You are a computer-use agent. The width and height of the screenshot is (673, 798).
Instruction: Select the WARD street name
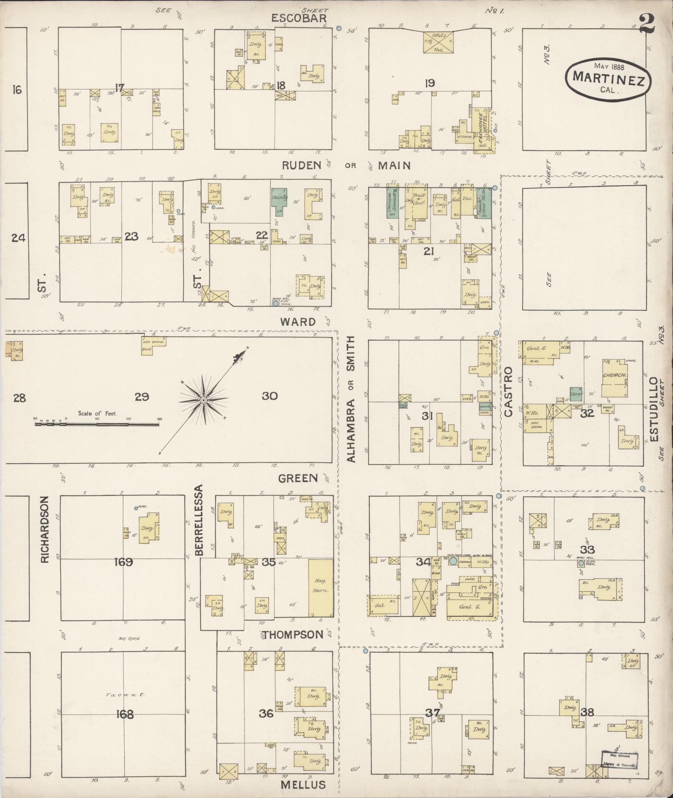click(297, 322)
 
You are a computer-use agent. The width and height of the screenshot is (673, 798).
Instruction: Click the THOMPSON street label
click(292, 634)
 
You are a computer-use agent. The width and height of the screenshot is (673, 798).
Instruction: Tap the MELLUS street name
click(303, 785)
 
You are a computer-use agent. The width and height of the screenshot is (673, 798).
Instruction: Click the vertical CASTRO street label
click(508, 392)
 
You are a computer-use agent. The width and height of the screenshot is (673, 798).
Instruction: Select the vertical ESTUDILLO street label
click(653, 410)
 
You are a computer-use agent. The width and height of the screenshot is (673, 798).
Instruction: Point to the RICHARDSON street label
click(45, 529)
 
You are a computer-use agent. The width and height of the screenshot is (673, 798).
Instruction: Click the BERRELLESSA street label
click(199, 520)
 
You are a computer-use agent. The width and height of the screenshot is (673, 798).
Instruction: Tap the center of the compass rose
click(204, 400)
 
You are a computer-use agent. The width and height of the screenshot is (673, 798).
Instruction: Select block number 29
click(142, 396)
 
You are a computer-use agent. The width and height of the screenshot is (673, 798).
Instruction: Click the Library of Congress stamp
click(620, 760)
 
